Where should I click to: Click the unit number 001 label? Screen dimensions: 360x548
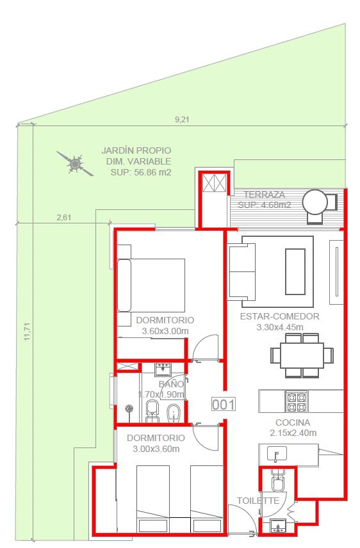click(x=224, y=405)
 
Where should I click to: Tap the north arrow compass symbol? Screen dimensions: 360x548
click(x=75, y=163)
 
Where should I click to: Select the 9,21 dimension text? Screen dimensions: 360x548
click(x=182, y=120)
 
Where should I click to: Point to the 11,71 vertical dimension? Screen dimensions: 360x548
click(x=27, y=332)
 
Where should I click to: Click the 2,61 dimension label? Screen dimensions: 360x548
click(x=64, y=218)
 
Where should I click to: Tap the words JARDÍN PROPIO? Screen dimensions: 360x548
click(x=136, y=150)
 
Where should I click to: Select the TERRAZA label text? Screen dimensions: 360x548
click(x=264, y=195)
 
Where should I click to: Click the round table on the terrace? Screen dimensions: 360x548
click(x=315, y=202)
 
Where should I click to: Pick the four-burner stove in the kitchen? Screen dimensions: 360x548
click(x=297, y=402)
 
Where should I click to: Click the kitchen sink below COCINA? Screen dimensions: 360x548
click(x=277, y=455)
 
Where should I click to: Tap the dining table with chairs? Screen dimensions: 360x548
click(x=302, y=355)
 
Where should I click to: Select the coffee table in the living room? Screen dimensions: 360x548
click(x=295, y=271)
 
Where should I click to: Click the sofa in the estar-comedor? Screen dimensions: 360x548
click(x=242, y=271)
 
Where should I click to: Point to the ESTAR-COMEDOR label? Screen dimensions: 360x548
click(x=279, y=316)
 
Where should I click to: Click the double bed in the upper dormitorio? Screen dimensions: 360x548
click(x=151, y=285)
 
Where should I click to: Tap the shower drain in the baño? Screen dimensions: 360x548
click(x=129, y=408)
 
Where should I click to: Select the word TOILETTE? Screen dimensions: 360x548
click(x=258, y=501)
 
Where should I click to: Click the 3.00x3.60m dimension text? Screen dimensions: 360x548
click(x=156, y=449)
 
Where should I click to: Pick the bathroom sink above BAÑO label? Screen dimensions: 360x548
click(x=163, y=369)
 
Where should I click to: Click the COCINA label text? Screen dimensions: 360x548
click(x=293, y=423)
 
